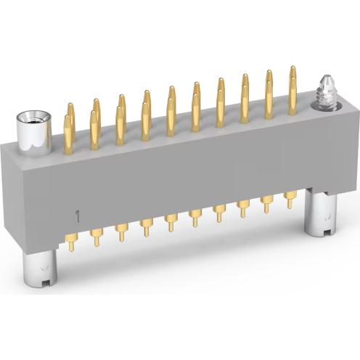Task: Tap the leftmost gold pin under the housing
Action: click(x=70, y=242)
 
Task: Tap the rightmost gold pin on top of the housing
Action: click(x=292, y=83)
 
